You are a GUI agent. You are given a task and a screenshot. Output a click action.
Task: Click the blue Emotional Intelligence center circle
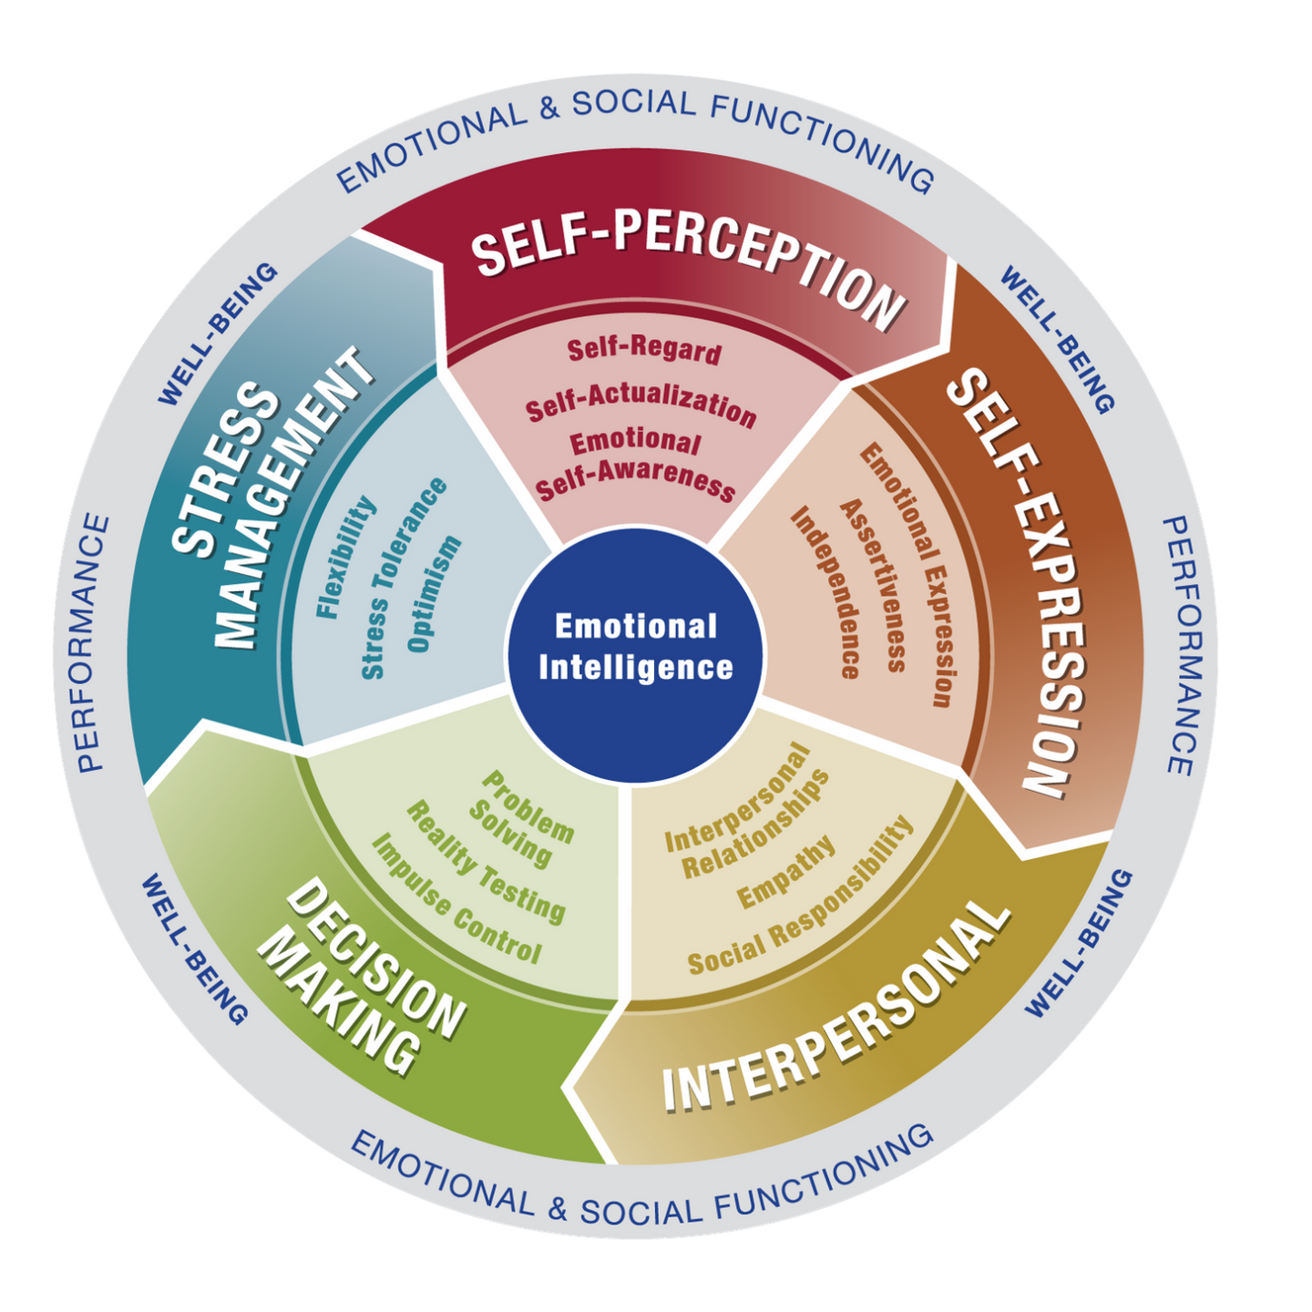tap(635, 649)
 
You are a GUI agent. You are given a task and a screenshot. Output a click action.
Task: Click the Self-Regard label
tap(644, 349)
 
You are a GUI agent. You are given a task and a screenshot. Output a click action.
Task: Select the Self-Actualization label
tap(641, 405)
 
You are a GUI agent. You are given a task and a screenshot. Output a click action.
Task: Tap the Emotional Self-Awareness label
tap(636, 465)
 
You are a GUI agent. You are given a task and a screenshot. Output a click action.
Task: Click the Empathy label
tap(786, 873)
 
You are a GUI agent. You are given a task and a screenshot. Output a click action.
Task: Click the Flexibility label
tap(346, 558)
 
